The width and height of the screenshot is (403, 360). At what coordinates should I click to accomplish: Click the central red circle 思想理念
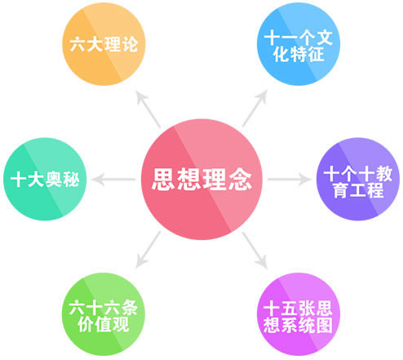pyautogui.click(x=201, y=180)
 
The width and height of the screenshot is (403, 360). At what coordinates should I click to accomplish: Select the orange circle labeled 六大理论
pyautogui.click(x=104, y=44)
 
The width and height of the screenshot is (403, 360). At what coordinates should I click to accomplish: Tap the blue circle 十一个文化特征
pyautogui.click(x=299, y=44)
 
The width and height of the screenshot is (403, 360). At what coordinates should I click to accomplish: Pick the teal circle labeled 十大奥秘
pyautogui.click(x=45, y=179)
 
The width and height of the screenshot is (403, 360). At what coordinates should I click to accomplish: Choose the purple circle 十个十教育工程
pyautogui.click(x=358, y=179)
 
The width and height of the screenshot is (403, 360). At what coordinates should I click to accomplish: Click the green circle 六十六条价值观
pyautogui.click(x=104, y=314)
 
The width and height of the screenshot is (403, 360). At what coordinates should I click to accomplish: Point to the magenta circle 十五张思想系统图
pyautogui.click(x=299, y=314)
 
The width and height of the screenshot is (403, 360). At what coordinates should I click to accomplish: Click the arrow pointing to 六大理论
pyautogui.click(x=148, y=109)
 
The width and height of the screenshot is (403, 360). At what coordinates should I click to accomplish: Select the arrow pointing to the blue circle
pyautogui.click(x=255, y=109)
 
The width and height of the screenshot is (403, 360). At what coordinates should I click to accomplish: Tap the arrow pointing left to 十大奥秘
pyautogui.click(x=113, y=180)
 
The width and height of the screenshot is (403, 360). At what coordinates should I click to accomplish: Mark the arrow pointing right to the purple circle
pyautogui.click(x=290, y=180)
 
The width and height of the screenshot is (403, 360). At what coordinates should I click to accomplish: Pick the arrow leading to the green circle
pyautogui.click(x=148, y=250)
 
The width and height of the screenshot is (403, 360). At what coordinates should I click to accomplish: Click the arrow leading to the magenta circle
pyautogui.click(x=255, y=251)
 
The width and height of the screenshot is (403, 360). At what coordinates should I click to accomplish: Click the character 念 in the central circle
pyautogui.click(x=240, y=179)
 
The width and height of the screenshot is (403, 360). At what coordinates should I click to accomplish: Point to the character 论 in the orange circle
pyautogui.click(x=130, y=44)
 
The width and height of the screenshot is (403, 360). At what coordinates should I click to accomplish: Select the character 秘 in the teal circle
pyautogui.click(x=71, y=180)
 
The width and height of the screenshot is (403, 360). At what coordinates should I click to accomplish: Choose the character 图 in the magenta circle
pyautogui.click(x=324, y=325)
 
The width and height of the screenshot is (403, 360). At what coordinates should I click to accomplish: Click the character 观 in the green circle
pyautogui.click(x=121, y=324)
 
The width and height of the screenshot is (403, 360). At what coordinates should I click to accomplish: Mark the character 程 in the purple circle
pyautogui.click(x=375, y=189)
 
